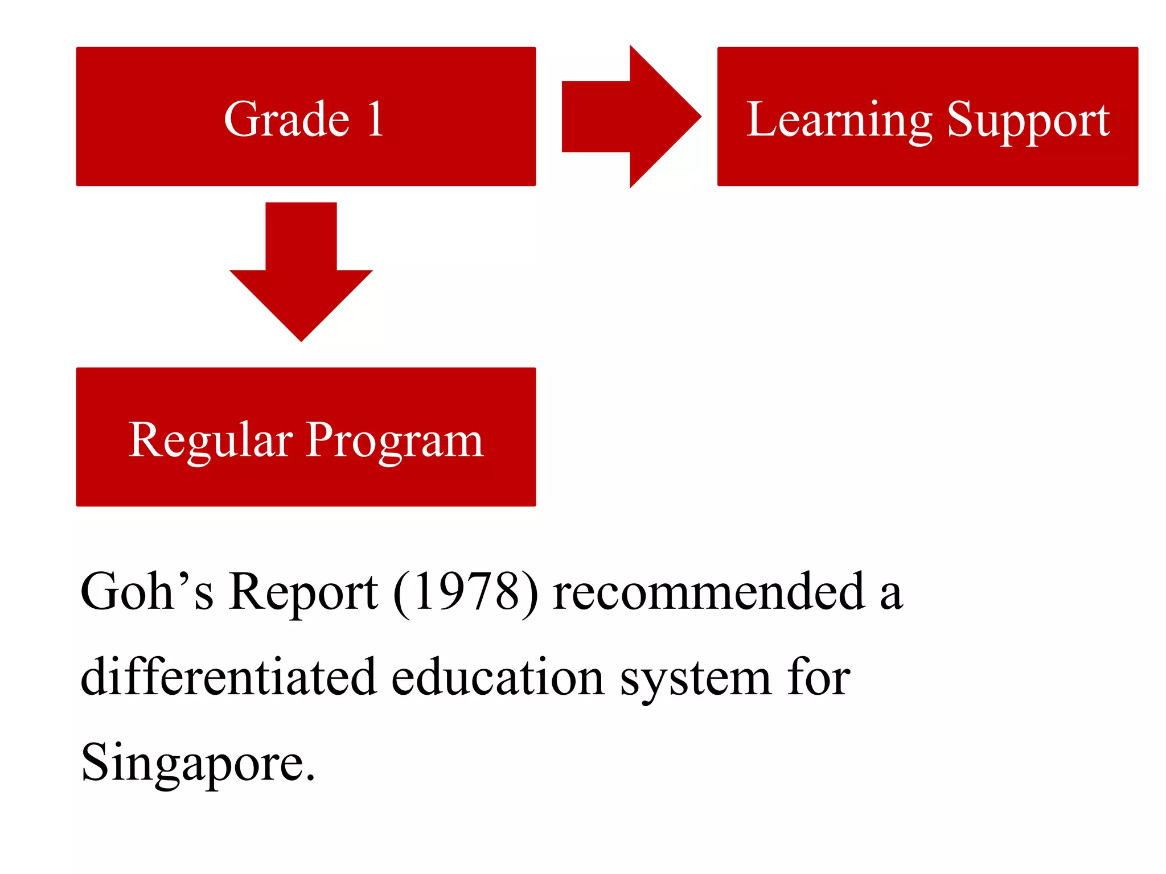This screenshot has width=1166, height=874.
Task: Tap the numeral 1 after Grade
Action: click(375, 119)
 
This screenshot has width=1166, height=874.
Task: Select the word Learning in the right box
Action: click(839, 121)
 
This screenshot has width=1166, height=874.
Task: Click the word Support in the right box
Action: click(1028, 121)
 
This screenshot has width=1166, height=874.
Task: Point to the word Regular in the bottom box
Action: click(211, 441)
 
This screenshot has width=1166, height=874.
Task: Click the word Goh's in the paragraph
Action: click(147, 592)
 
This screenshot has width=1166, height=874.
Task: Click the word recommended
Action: click(709, 592)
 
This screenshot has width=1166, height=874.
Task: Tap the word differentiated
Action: click(228, 677)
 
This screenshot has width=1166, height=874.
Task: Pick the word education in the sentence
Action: click(498, 677)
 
